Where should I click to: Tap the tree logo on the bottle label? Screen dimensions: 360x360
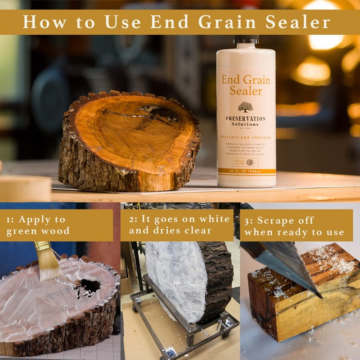(x=246, y=107)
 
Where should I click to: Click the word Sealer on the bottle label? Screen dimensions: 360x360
(x=246, y=90)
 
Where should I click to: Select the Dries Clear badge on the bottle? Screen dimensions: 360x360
(x=245, y=162)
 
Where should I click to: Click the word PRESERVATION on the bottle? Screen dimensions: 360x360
(x=246, y=118)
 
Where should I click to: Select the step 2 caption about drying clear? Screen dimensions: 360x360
(x=179, y=225)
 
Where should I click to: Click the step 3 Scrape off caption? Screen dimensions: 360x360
(x=295, y=226)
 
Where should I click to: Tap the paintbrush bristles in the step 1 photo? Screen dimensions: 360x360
(x=50, y=265)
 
